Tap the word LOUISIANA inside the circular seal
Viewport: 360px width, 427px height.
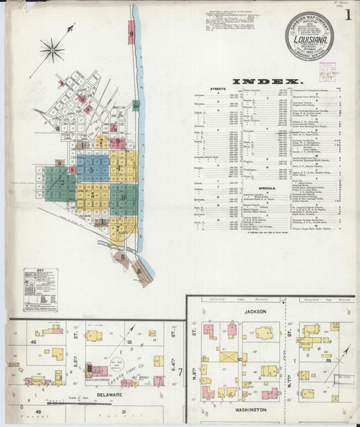308,38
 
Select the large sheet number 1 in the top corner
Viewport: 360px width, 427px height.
347,15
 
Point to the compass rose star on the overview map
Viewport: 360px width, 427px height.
51,49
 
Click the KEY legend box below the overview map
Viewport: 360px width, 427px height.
41,289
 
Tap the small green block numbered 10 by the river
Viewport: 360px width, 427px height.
136,105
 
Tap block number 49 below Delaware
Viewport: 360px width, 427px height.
38,411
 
